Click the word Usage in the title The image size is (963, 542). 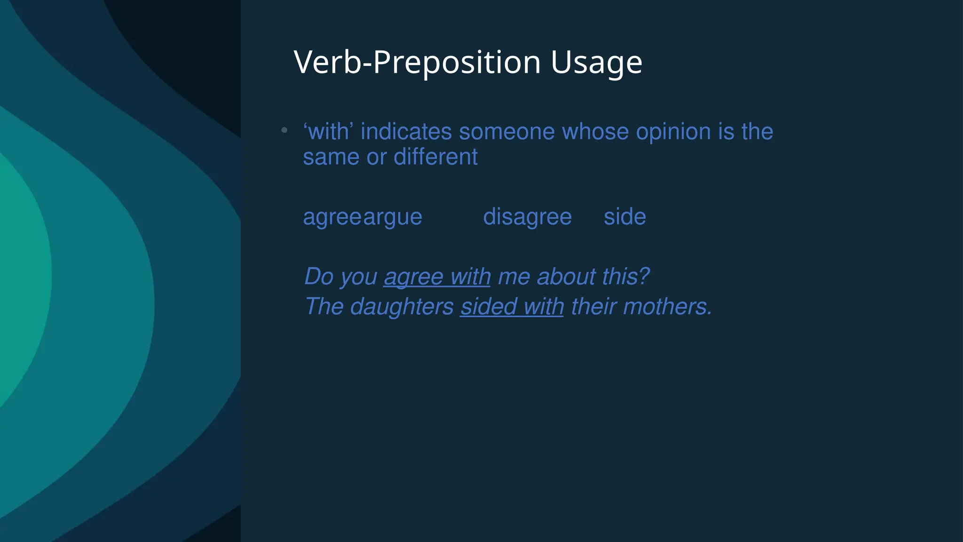[x=596, y=63]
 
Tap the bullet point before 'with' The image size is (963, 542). [x=284, y=130]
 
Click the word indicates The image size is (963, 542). [x=406, y=132]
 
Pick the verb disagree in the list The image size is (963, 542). [x=527, y=217]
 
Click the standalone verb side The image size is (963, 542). [x=624, y=217]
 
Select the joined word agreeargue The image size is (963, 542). [x=363, y=217]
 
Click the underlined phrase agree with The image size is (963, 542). [x=437, y=277]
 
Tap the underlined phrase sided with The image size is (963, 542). [x=512, y=307]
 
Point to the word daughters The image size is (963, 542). [x=402, y=307]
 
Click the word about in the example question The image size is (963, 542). [x=566, y=276]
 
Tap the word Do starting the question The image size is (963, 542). [x=319, y=276]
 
